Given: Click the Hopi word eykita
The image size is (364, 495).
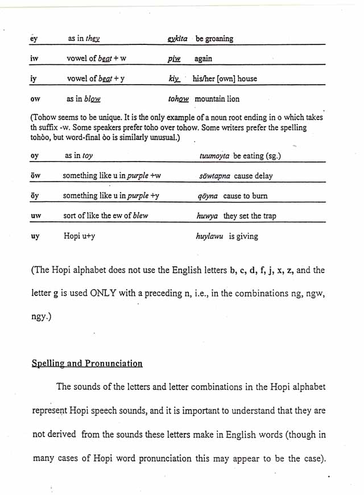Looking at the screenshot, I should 177,39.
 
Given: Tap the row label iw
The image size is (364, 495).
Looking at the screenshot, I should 34,59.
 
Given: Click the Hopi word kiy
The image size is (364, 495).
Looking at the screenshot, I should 174,79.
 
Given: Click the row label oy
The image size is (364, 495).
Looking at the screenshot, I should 34,155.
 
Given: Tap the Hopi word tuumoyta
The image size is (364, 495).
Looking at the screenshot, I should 215,156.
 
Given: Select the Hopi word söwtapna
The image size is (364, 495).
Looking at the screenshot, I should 214,176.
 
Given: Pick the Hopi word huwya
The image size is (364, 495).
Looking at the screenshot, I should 207,216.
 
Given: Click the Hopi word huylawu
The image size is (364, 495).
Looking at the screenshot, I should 210,236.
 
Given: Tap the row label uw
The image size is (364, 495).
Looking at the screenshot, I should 35,216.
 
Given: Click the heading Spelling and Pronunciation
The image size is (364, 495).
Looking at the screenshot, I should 87,363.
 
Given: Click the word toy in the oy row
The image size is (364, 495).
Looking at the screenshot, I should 87,155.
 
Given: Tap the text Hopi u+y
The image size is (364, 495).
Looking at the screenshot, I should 79,236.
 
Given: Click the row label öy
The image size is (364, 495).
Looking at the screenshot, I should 34,196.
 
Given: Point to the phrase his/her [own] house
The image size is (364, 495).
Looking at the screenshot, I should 225,79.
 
